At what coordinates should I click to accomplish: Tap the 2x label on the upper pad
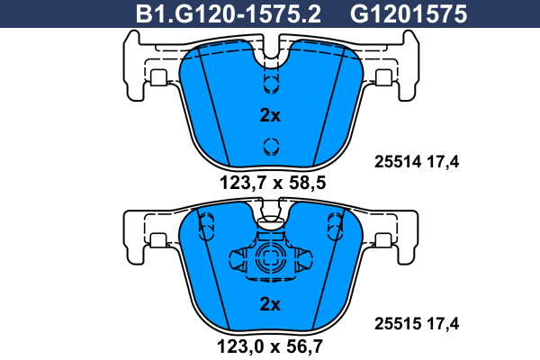(x=270, y=115)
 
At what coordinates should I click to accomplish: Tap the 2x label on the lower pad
(x=270, y=304)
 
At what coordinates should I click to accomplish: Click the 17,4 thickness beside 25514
(x=442, y=163)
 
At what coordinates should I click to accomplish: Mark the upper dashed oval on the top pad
(x=270, y=83)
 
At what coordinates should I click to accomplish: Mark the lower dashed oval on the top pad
(x=270, y=147)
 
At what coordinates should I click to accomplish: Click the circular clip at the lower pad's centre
(x=270, y=259)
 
